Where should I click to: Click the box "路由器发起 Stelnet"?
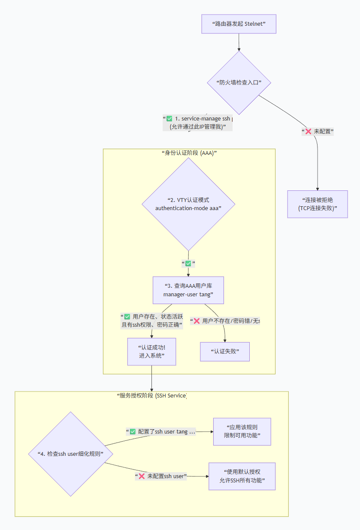[239, 24]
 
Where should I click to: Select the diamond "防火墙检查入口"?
[239, 82]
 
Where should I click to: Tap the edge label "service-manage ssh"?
[202, 119]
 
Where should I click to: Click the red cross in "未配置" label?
[308, 132]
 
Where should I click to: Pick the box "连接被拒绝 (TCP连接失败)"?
[318, 204]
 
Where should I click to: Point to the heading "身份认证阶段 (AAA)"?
[189, 153]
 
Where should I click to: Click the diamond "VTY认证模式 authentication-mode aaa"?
[188, 204]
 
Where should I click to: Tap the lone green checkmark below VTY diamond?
[188, 263]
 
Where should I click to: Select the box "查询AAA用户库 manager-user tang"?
[188, 290]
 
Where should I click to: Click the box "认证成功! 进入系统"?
[151, 352]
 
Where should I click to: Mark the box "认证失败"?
[225, 352]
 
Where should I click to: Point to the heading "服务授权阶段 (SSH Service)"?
[151, 395]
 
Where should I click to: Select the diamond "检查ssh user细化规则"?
[71, 454]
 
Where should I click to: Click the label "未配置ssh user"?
[161, 476]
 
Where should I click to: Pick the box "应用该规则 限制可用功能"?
[242, 431]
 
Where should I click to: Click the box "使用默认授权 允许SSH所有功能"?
[242, 476]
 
